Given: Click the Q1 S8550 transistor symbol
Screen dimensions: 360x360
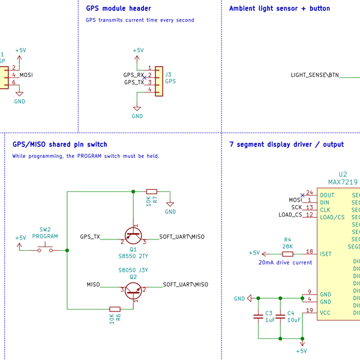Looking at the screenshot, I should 133,235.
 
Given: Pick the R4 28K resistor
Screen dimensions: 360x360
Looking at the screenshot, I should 288,253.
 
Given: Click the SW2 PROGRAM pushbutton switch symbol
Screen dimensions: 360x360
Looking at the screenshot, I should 45,249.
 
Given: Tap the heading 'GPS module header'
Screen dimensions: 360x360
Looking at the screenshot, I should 118,8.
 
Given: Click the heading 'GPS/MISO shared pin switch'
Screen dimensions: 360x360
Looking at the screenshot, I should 60,144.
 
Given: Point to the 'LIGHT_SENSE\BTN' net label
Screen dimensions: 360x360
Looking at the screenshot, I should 314,75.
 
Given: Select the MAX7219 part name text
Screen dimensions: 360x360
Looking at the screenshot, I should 343,182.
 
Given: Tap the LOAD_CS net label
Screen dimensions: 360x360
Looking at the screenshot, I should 290,215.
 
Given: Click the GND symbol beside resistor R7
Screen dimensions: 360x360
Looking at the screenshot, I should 170,206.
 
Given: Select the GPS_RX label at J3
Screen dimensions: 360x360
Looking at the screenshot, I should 133,75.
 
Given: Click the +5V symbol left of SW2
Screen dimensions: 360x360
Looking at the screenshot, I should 20,240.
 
